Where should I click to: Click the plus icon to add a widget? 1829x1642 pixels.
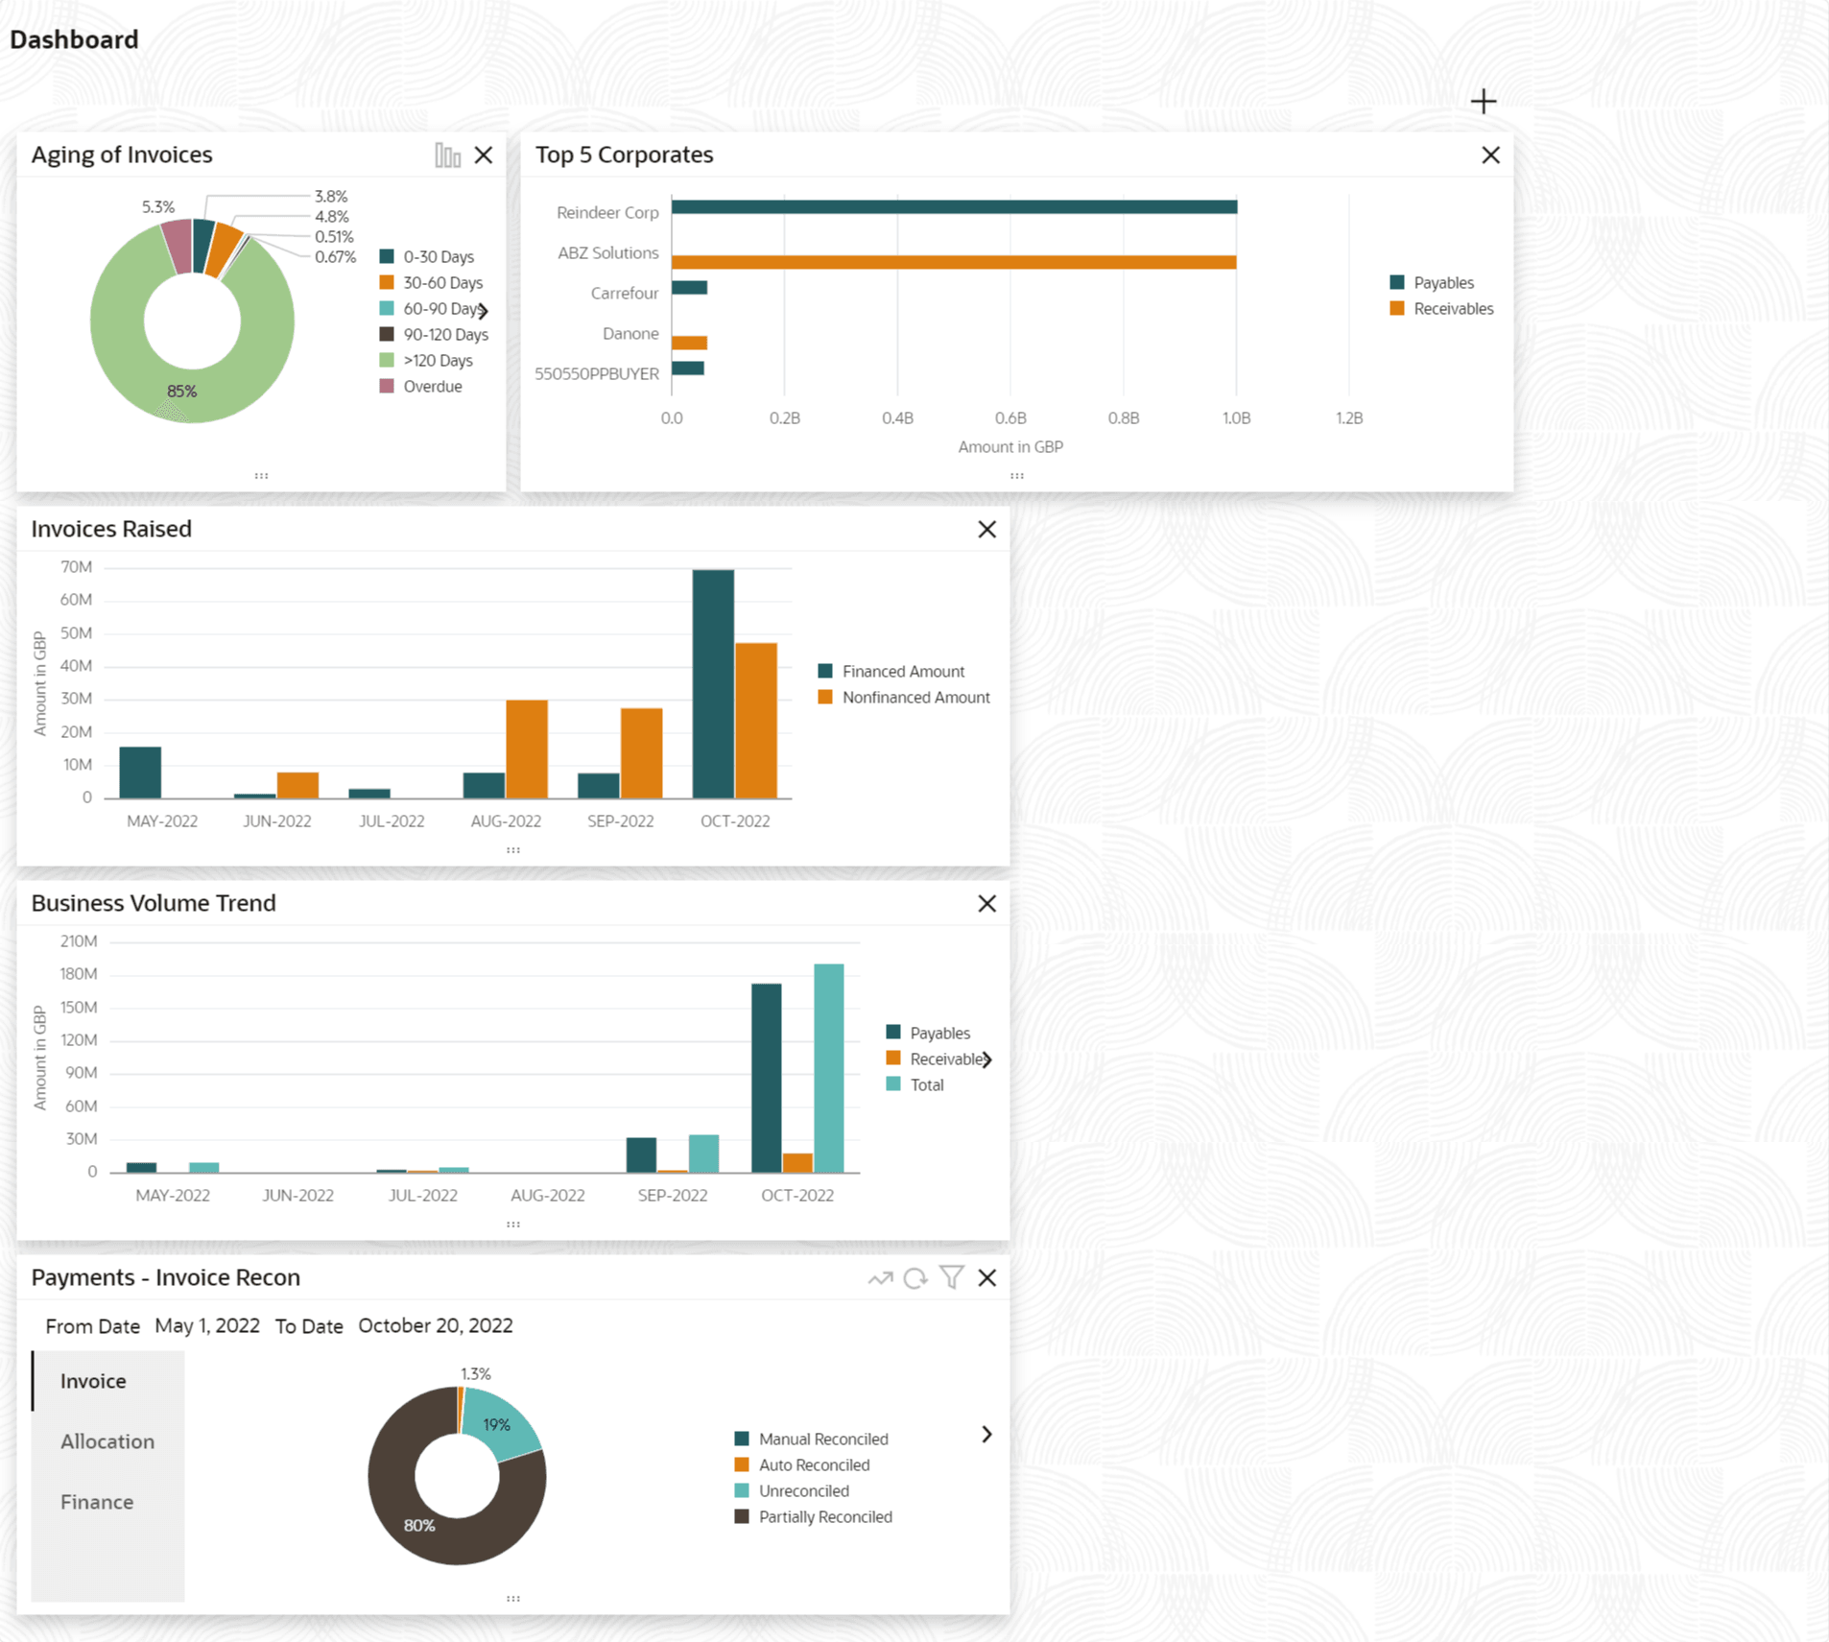[1484, 102]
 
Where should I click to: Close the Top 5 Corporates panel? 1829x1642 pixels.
[1490, 155]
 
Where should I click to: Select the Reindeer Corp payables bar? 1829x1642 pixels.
[954, 206]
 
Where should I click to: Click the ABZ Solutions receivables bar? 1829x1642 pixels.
[954, 262]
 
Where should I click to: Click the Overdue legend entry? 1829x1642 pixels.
[432, 387]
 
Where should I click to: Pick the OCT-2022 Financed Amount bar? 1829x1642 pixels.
[713, 683]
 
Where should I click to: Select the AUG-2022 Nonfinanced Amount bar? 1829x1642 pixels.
[527, 749]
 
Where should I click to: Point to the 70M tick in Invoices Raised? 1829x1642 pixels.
[77, 567]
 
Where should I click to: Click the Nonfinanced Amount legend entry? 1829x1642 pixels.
[914, 698]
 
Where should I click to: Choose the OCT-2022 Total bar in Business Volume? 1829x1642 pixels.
[829, 1067]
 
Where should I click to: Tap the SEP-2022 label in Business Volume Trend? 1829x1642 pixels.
[673, 1196]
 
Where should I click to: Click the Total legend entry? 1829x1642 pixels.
[926, 1085]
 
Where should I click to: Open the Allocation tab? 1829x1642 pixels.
[107, 1441]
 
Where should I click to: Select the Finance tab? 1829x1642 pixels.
[97, 1502]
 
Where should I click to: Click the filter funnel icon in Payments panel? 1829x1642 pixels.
[952, 1277]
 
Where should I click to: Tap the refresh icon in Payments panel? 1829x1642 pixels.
[915, 1278]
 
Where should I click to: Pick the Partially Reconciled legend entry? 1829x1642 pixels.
[824, 1517]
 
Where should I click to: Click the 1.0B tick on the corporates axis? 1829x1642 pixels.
[1236, 418]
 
